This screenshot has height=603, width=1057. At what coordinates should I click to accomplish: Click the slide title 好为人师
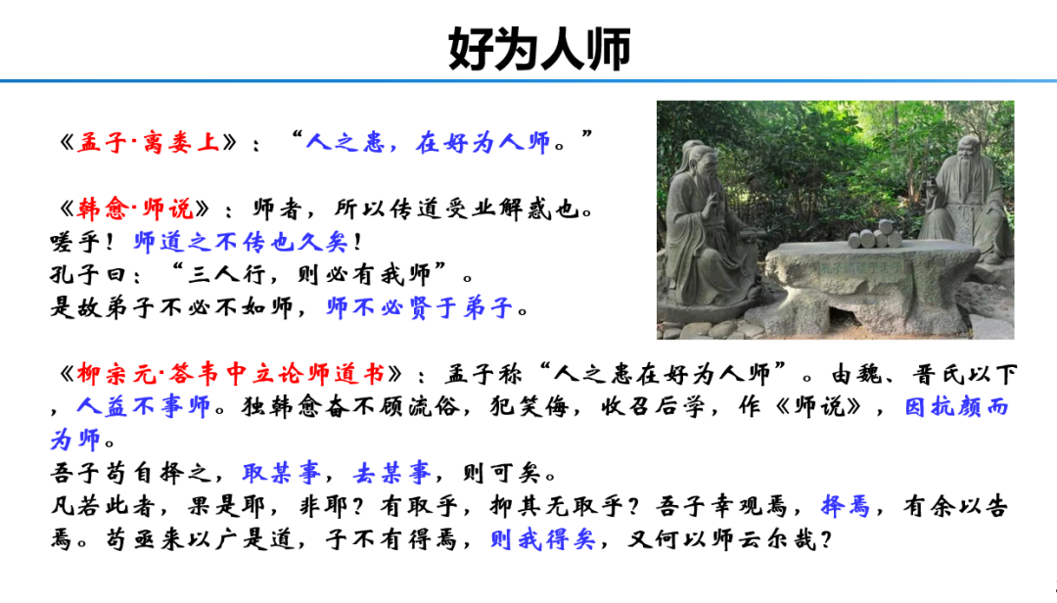[x=539, y=48]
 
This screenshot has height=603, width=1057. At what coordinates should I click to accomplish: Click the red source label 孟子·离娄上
[x=148, y=143]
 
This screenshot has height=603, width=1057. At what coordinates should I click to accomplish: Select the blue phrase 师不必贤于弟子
[x=421, y=308]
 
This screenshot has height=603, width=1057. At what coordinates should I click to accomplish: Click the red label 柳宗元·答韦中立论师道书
[x=230, y=374]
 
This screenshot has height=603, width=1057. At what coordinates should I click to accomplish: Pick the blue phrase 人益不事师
[x=144, y=406]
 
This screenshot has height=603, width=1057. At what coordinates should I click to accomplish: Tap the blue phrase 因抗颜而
[x=956, y=406]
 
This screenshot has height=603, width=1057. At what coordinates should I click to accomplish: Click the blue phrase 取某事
[x=282, y=474]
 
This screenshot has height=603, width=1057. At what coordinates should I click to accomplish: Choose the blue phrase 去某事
[x=391, y=474]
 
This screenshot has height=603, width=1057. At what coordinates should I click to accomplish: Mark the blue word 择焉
[x=846, y=507]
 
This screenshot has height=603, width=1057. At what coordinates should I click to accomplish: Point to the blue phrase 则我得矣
[x=542, y=539]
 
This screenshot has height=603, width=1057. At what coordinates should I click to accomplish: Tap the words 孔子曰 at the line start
[x=91, y=275]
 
